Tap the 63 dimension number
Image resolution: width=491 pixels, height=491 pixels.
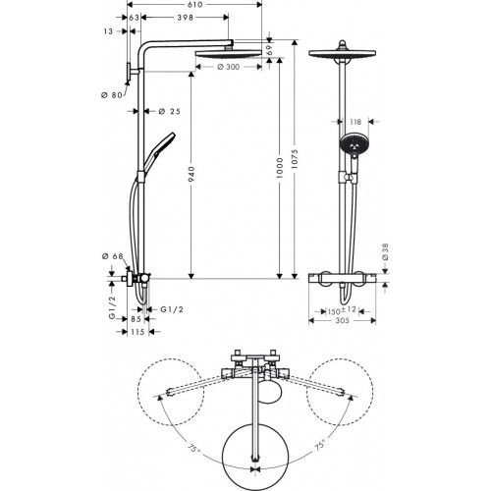(134, 18)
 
